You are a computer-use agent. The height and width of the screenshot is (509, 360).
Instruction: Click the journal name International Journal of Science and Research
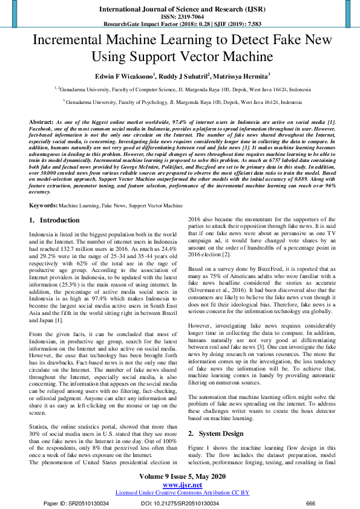[x=179, y=10]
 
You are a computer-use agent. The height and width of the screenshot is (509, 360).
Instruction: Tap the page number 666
[x=310, y=502]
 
